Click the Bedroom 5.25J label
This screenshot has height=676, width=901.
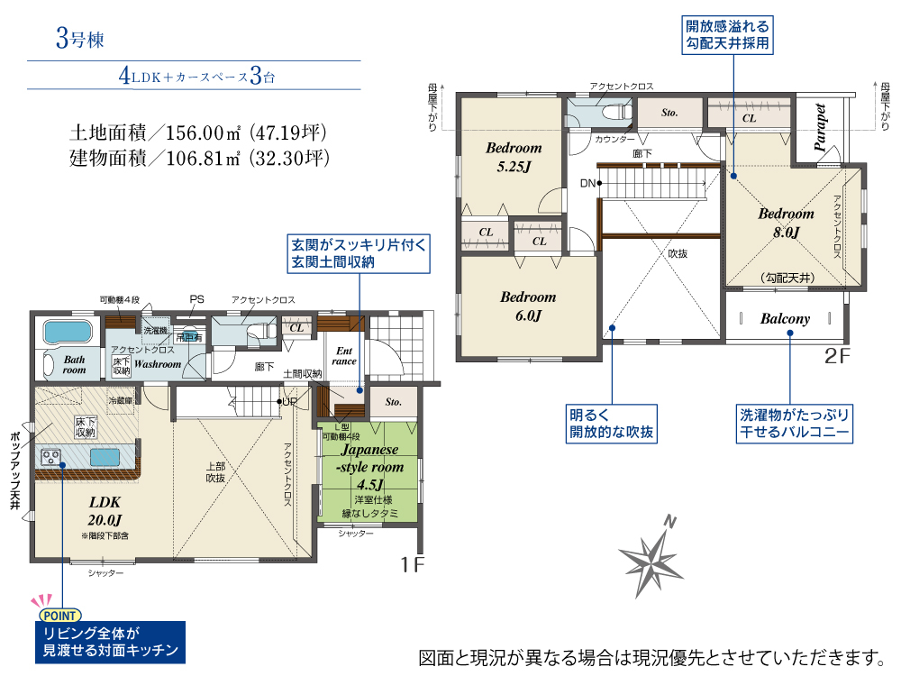(514, 157)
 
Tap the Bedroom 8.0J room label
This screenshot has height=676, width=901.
(786, 223)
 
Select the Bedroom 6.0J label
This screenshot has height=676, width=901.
(528, 306)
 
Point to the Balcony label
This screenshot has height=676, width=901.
(785, 318)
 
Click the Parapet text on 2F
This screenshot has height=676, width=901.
(820, 128)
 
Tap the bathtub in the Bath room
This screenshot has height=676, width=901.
(68, 332)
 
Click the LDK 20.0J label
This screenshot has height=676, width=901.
(105, 511)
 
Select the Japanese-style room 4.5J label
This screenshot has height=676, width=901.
(369, 467)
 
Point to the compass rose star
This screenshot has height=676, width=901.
(651, 558)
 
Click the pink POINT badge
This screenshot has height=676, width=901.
(59, 616)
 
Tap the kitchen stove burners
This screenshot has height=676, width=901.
(50, 458)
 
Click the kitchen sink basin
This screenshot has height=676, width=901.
(105, 458)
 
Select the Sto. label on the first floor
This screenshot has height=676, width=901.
(393, 402)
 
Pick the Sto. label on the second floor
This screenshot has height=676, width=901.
(669, 113)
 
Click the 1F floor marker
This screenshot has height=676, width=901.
(413, 564)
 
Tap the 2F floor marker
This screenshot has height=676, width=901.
(837, 356)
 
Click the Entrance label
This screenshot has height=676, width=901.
(343, 356)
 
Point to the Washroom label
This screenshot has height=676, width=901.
(158, 364)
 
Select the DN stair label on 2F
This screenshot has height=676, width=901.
(587, 183)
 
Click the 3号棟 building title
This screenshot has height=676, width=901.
(80, 39)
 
